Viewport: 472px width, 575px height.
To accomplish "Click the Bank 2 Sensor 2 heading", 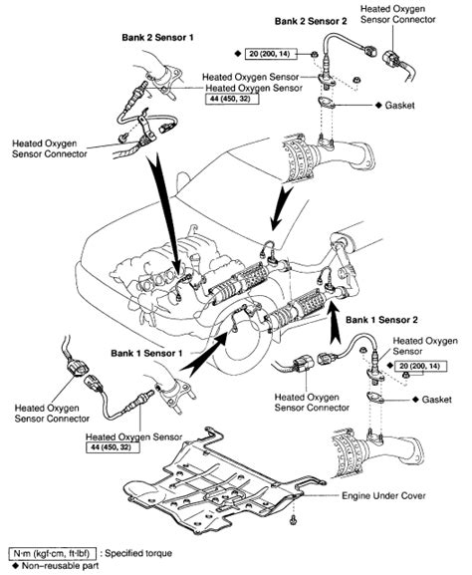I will click(311, 19).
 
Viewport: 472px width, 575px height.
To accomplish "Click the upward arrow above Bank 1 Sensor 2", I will click(334, 304).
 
